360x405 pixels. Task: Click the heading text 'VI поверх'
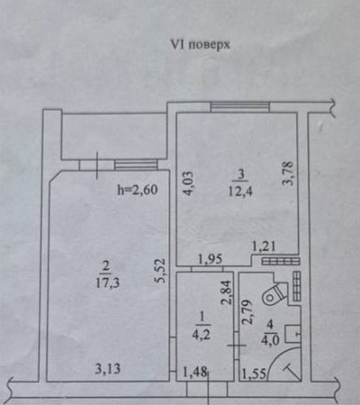coord(200,45)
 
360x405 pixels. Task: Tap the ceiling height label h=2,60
coord(138,190)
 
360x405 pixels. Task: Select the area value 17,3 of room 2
coord(107,283)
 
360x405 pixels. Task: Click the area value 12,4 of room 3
coord(240,191)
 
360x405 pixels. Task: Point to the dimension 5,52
coord(161,271)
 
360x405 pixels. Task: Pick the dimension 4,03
coord(186,183)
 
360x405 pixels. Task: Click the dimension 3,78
coord(288,174)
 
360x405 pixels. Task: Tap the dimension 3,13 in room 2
coord(108,369)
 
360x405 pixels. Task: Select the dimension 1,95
coord(211,258)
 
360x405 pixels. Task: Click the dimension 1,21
coord(264,247)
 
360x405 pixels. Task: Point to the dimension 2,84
coord(227,292)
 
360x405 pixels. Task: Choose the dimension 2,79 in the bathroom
coord(246,313)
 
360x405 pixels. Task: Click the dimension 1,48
coord(195,373)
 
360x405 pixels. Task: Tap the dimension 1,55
coord(254,374)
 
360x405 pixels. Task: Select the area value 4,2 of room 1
coord(201,334)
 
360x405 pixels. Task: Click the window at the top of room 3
coord(240,106)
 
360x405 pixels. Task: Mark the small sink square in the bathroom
coord(292,334)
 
